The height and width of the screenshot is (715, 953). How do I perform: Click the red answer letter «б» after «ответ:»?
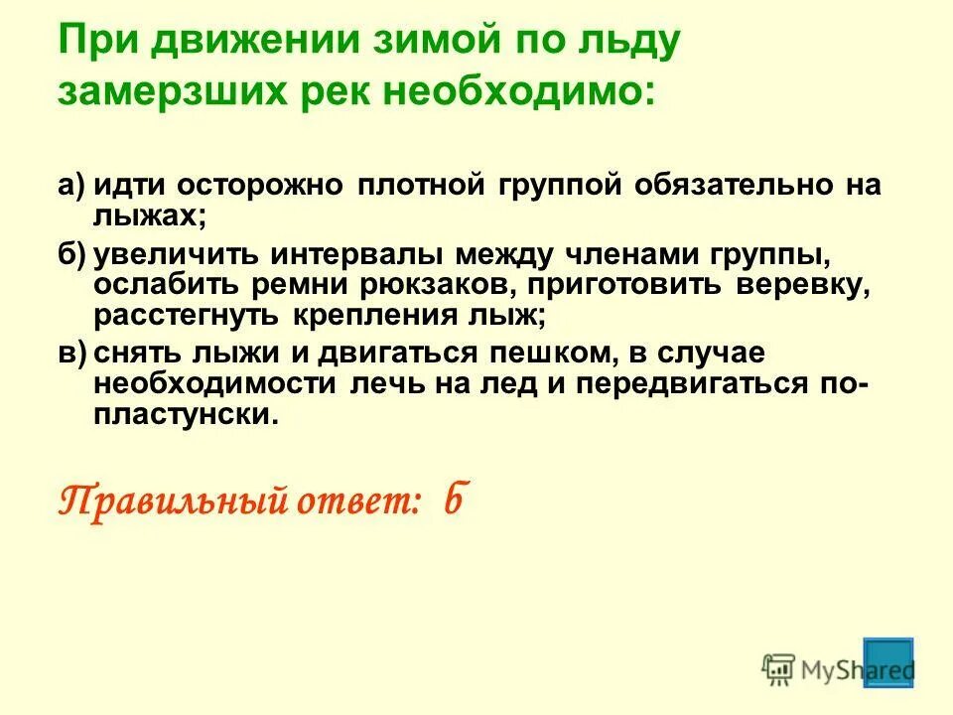click(x=452, y=500)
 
